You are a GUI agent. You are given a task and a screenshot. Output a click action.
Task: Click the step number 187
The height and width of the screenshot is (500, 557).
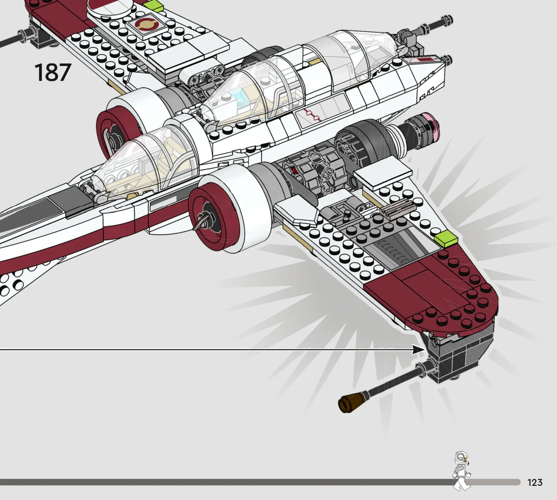[x=53, y=72]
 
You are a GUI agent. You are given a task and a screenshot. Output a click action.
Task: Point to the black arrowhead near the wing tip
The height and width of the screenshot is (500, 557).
[x=419, y=350]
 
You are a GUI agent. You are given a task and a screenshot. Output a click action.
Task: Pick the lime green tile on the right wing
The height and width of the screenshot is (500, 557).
[x=446, y=239]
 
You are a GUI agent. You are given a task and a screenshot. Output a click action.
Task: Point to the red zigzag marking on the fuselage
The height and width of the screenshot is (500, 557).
[x=312, y=115]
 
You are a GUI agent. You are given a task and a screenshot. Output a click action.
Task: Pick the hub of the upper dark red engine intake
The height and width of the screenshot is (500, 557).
[x=112, y=140]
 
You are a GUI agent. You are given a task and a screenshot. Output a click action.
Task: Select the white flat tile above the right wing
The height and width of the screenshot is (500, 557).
[x=383, y=178]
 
